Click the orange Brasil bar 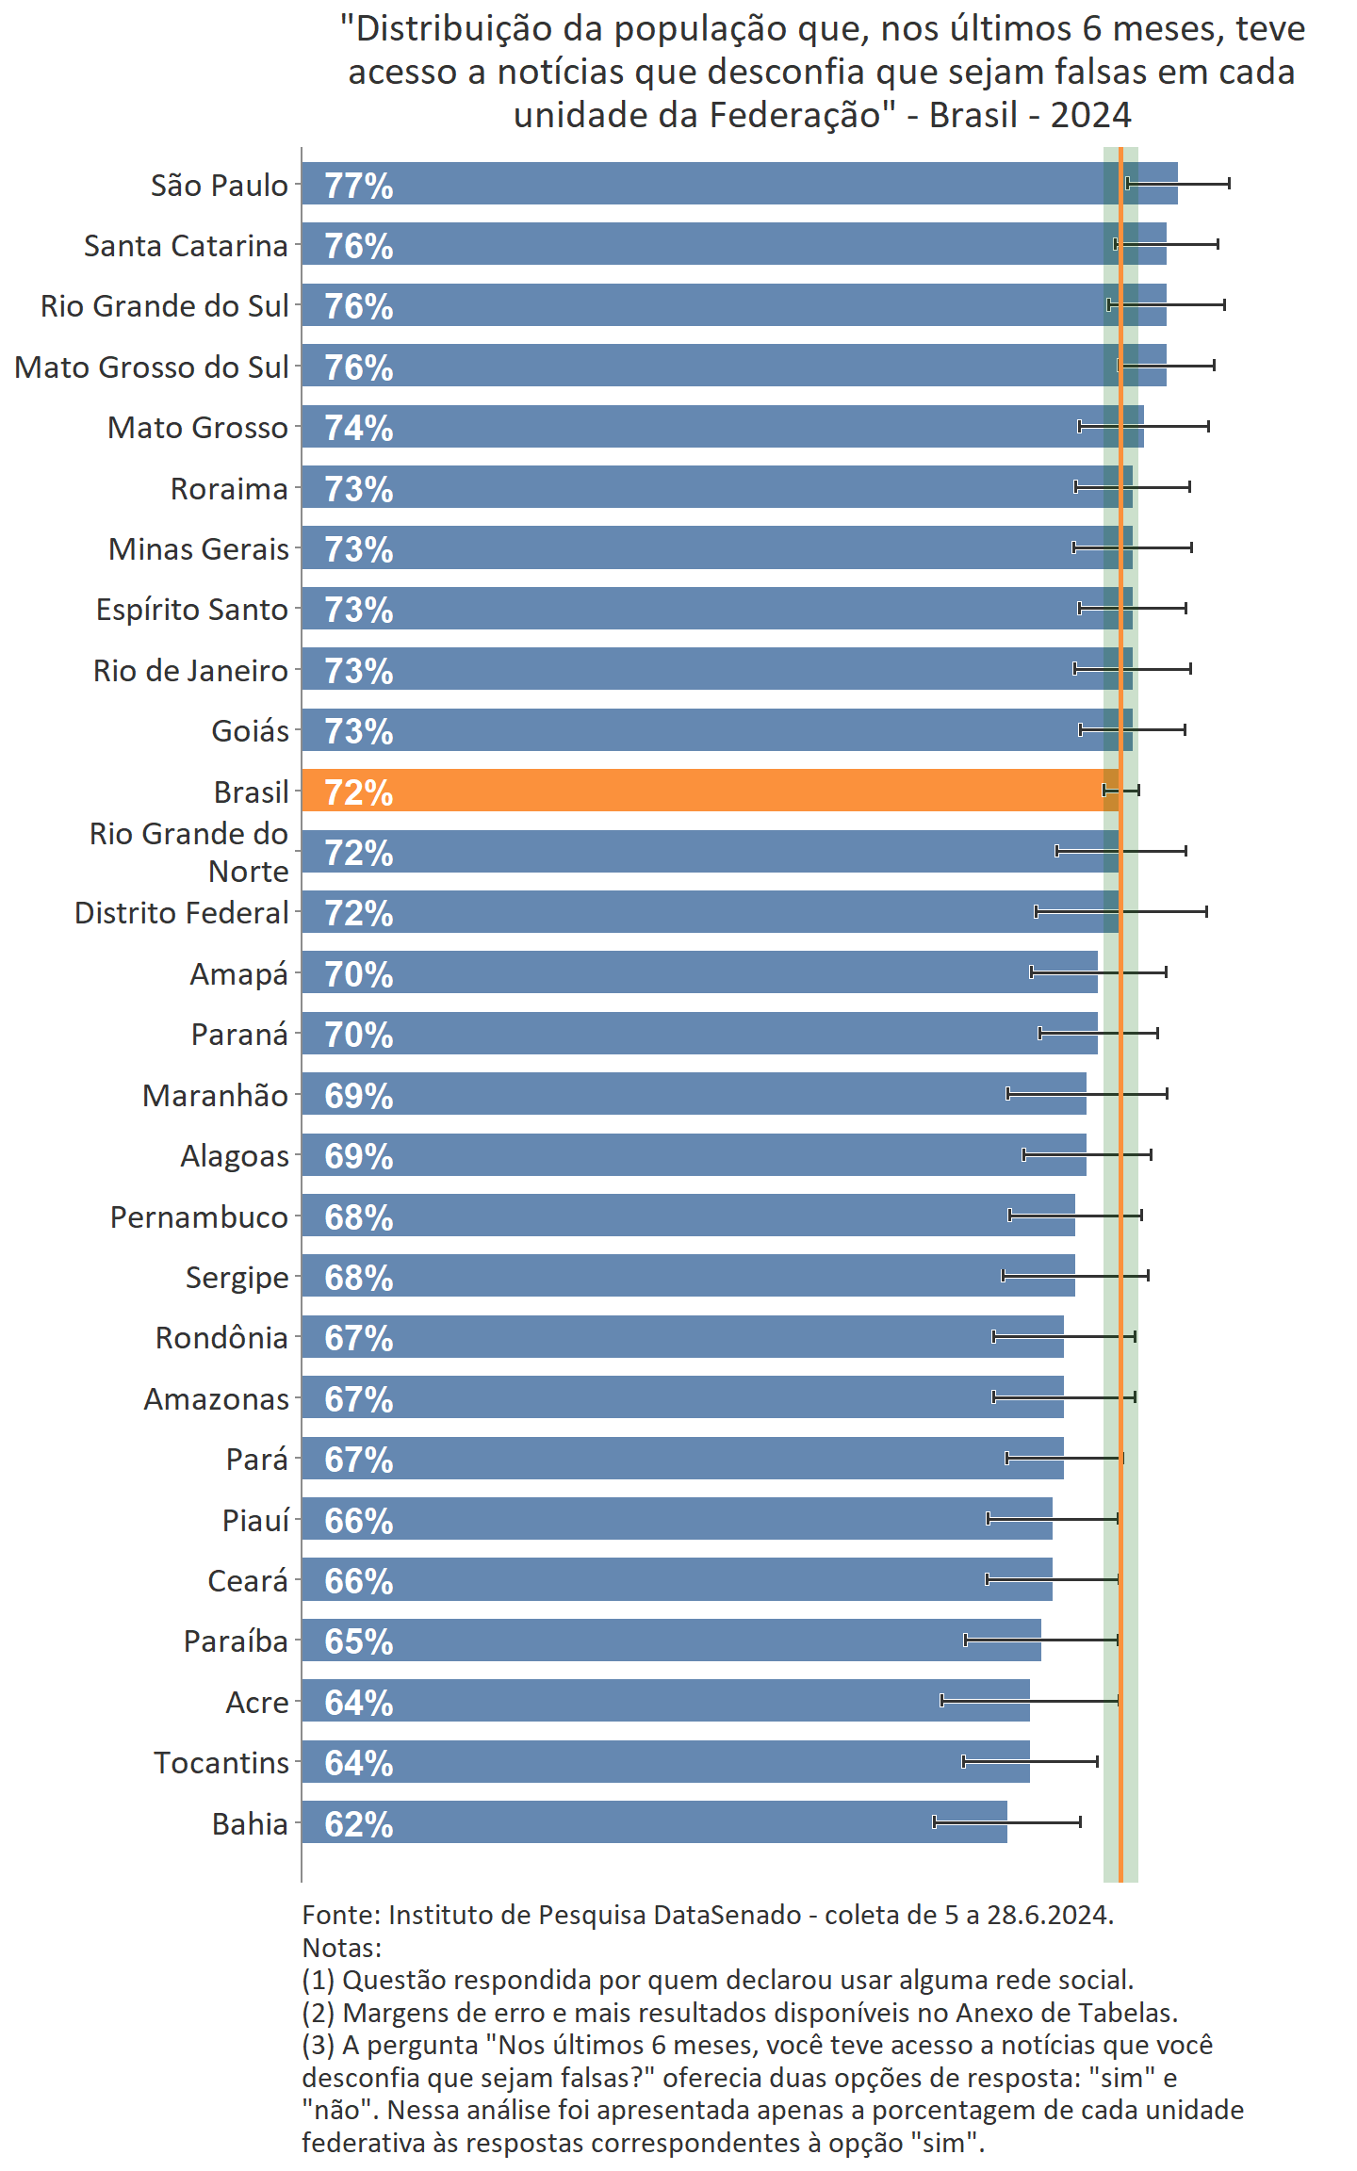707,791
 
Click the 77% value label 359,186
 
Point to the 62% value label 359,1824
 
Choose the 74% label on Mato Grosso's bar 359,428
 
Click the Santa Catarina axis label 186,245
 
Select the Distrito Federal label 181,912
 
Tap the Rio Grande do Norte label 188,852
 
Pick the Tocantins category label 221,1762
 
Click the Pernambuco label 199,1216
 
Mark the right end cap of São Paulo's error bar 1229,184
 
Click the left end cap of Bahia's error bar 934,1821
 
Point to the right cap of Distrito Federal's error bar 1206,911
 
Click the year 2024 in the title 1090,115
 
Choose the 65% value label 359,1641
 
